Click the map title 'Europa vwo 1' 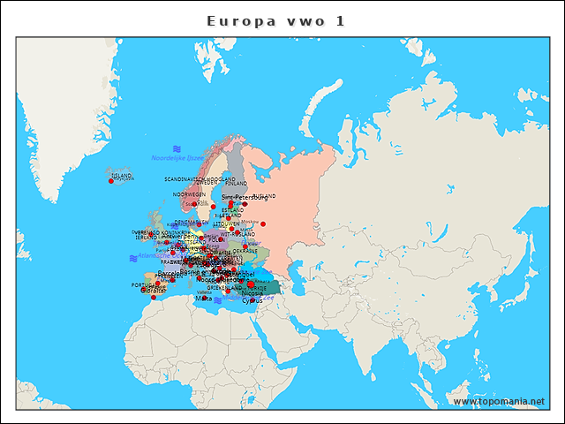tap(275, 20)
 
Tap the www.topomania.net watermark tap(499, 402)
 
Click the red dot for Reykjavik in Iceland tap(111, 181)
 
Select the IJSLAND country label tap(122, 176)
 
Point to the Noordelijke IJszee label tap(177, 158)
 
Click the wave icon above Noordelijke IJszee tap(177, 148)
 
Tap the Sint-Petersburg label tap(245, 197)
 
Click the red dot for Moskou tap(262, 223)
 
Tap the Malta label tap(204, 299)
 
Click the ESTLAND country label tap(232, 210)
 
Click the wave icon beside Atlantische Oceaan tap(132, 258)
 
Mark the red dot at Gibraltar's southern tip tap(154, 298)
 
